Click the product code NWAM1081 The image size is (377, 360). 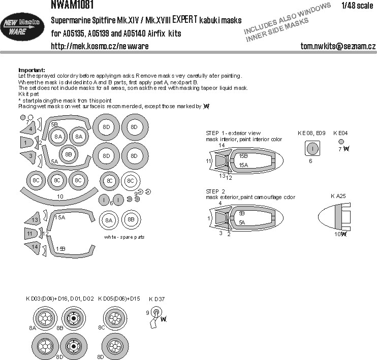tap(71, 5)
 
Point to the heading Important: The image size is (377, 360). tap(32, 70)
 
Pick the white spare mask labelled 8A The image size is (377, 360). tap(108, 220)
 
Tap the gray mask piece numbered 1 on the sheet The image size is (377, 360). tap(26, 144)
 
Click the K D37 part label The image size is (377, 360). tap(157, 299)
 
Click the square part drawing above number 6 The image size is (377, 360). tap(313, 148)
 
